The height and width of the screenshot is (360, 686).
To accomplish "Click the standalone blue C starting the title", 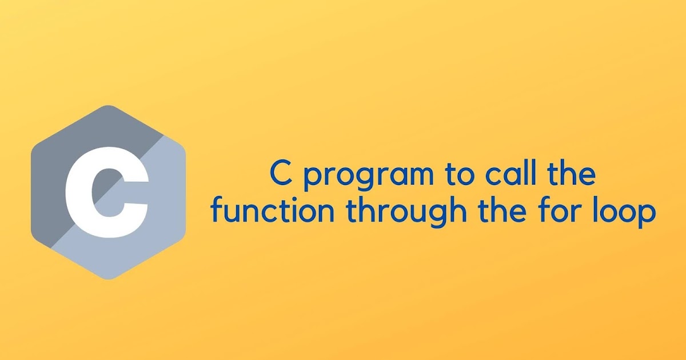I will click(280, 175).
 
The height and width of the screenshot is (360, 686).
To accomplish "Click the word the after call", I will click(572, 175).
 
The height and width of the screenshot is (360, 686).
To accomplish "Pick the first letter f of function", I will click(217, 211).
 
